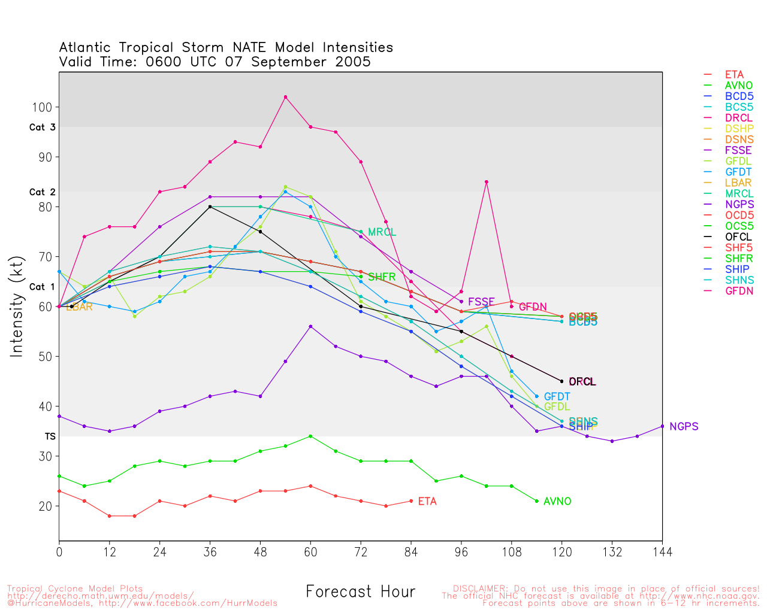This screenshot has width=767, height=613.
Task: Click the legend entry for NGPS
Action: click(739, 204)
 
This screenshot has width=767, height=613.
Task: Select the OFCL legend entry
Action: click(738, 236)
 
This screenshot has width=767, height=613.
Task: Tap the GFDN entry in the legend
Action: click(739, 291)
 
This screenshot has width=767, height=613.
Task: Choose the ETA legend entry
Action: click(734, 75)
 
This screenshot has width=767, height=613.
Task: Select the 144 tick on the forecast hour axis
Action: click(662, 552)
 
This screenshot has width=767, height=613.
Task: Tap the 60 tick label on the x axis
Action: click(310, 552)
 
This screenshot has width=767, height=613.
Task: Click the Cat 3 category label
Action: click(42, 128)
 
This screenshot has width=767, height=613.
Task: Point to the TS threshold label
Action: click(50, 436)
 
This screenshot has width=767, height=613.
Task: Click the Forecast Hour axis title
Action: click(360, 591)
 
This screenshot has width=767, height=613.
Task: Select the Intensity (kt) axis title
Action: click(16, 306)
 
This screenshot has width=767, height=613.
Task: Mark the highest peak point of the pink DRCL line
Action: click(285, 97)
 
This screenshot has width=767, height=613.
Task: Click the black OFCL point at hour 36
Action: click(210, 207)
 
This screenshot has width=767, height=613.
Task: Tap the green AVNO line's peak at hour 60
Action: click(310, 436)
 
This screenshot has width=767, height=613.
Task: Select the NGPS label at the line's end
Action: click(684, 426)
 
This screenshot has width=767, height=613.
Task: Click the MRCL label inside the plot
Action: click(382, 232)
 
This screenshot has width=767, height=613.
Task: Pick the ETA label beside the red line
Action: click(427, 501)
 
